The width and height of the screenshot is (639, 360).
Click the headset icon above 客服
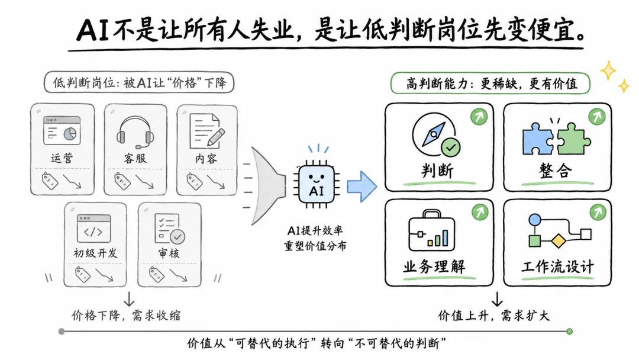(x=135, y=133)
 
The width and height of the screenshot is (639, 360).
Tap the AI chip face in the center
(x=317, y=184)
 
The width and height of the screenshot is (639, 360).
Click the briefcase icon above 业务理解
(x=431, y=230)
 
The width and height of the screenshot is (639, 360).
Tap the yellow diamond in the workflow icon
(x=559, y=240)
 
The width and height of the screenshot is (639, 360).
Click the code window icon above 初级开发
(x=93, y=229)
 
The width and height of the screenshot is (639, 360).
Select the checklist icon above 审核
(x=170, y=229)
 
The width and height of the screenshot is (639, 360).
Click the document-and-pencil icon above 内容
(x=207, y=131)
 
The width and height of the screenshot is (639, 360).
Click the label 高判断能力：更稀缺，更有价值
(x=490, y=83)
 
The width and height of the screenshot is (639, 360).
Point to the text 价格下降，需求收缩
(x=127, y=315)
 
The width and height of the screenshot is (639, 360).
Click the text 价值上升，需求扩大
(x=494, y=315)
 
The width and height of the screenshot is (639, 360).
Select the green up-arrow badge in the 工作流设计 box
(x=598, y=212)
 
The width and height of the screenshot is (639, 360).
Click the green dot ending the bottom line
(x=570, y=332)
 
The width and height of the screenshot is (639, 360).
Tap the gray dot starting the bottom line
(x=62, y=332)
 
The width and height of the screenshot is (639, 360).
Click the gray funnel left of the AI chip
(x=267, y=185)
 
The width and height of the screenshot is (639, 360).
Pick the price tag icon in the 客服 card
(x=122, y=181)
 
